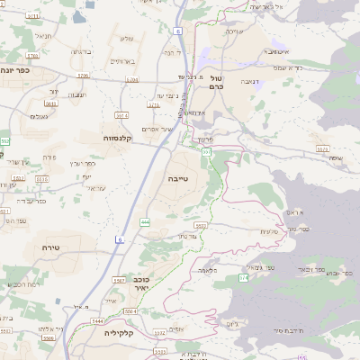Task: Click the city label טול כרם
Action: pyautogui.click(x=215, y=82)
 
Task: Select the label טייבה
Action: pyautogui.click(x=178, y=179)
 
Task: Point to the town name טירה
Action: pyautogui.click(x=50, y=246)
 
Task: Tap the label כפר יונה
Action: pyautogui.click(x=15, y=70)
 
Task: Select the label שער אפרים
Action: pyautogui.click(x=165, y=130)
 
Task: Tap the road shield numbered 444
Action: pyautogui.click(x=145, y=221)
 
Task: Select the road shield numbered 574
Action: pyautogui.click(x=243, y=279)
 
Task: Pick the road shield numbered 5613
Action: pyautogui.click(x=51, y=103)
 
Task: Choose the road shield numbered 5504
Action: pyautogui.click(x=130, y=310)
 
